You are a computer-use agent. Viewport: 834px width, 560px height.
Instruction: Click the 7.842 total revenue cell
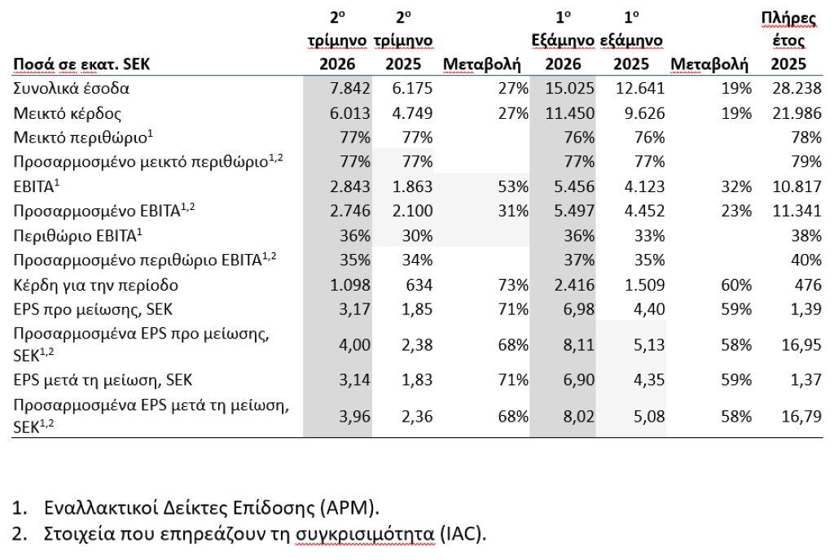click(350, 88)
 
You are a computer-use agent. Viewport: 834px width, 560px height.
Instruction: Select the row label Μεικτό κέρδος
click(67, 113)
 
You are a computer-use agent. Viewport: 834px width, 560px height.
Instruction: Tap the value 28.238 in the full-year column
click(797, 88)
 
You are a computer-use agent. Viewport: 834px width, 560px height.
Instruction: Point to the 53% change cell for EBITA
click(513, 187)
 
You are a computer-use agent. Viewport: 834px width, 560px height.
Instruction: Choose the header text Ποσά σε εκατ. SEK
click(81, 64)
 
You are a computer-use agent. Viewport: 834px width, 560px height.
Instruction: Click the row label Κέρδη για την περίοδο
click(96, 286)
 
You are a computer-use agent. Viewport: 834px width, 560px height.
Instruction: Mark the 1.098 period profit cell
click(350, 286)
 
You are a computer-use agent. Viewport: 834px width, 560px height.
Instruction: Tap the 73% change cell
click(513, 286)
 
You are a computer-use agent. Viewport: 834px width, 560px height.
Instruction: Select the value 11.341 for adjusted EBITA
click(797, 211)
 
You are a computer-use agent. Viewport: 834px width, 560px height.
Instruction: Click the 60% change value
click(736, 286)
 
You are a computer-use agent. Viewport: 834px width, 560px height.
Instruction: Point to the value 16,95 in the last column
click(801, 345)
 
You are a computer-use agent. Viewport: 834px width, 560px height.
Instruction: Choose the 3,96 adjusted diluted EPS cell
click(355, 417)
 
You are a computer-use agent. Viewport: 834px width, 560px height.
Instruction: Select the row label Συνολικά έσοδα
click(72, 88)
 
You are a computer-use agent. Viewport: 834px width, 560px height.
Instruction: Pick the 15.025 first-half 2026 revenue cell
click(569, 88)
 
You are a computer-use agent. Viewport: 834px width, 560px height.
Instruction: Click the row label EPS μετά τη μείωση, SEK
click(103, 380)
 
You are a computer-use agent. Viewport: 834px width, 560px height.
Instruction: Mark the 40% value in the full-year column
click(806, 260)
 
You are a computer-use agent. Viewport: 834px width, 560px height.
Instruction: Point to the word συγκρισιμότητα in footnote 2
click(365, 533)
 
